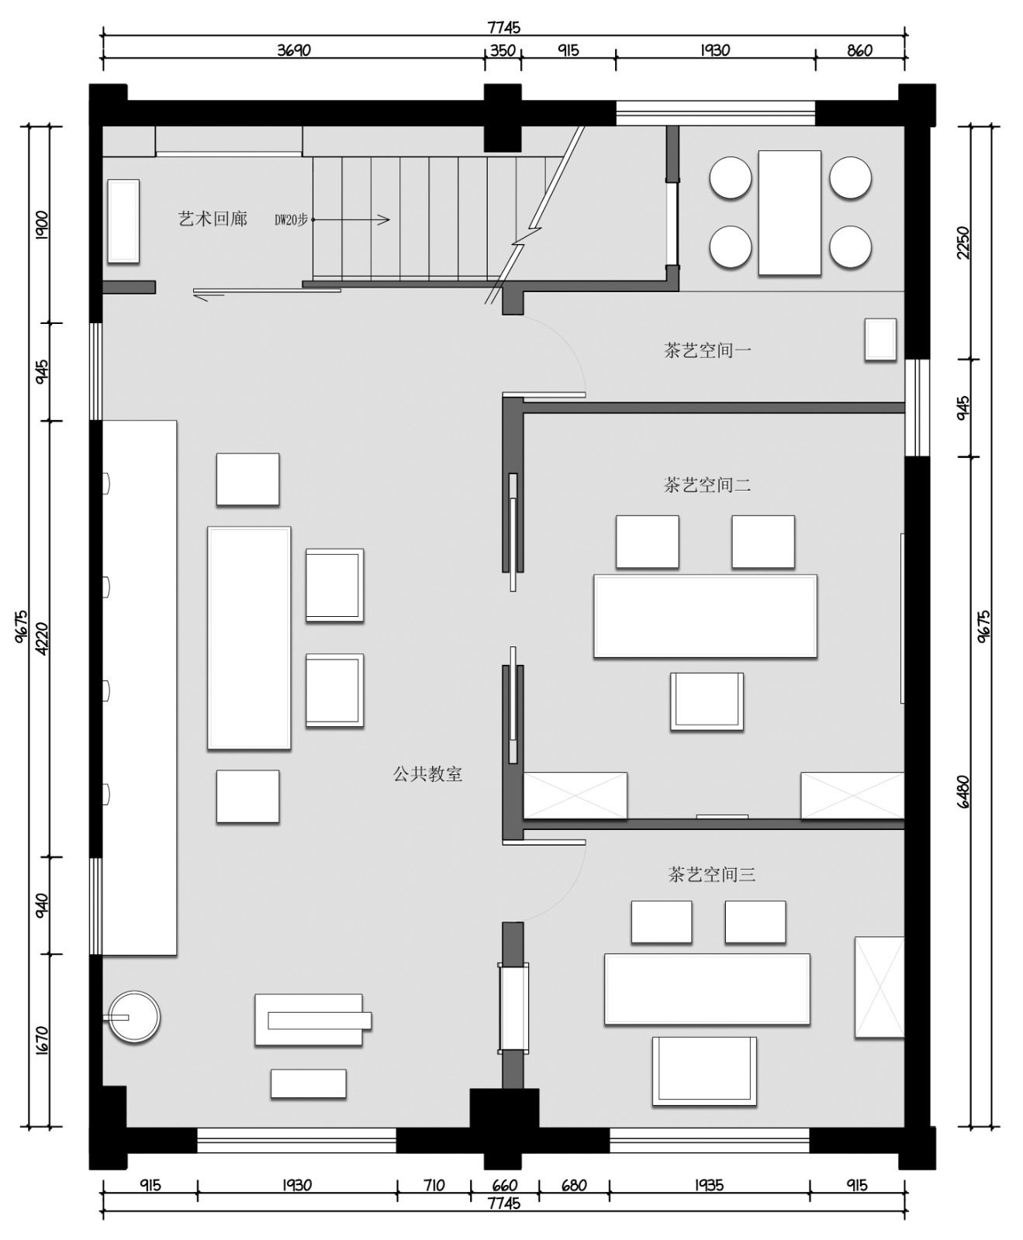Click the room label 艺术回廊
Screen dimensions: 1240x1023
(x=213, y=219)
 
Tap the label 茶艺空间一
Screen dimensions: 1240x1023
(x=707, y=350)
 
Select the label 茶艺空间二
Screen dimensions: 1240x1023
(x=707, y=485)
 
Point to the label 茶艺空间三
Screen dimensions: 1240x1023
(x=711, y=875)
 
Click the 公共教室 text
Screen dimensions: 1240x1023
(x=427, y=774)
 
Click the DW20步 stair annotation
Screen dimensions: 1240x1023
(x=291, y=220)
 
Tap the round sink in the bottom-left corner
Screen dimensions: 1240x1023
(x=133, y=1016)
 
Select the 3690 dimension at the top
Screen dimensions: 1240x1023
(x=293, y=50)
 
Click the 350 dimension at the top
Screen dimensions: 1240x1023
(x=503, y=50)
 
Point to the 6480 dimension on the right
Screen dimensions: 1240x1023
(x=963, y=790)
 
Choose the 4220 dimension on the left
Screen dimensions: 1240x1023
(x=42, y=639)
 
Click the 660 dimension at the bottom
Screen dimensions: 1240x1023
(x=504, y=1185)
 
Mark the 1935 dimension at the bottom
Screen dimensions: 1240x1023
(x=709, y=1185)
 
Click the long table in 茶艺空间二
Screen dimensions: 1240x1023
(x=705, y=616)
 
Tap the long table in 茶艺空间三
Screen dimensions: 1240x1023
(x=707, y=990)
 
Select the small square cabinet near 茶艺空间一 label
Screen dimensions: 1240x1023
(x=880, y=339)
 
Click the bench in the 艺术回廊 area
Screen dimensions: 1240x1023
(x=123, y=221)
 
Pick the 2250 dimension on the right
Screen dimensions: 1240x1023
(x=963, y=242)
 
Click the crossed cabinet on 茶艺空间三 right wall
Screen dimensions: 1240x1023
(x=880, y=987)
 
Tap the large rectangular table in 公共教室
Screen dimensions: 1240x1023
(x=249, y=638)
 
